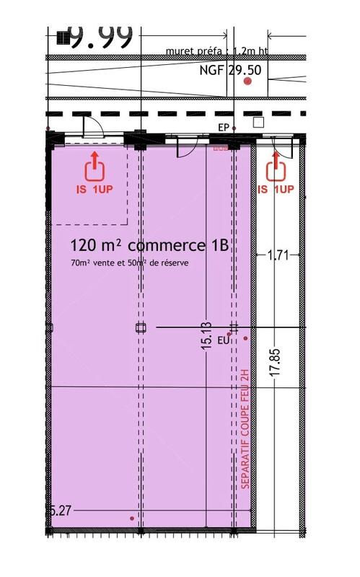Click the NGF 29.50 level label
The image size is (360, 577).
(x=229, y=71)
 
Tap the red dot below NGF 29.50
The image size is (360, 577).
(x=247, y=82)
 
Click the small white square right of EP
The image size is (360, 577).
(x=258, y=123)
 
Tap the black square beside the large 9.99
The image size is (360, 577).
(x=62, y=36)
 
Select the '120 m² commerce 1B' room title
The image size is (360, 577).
(x=149, y=245)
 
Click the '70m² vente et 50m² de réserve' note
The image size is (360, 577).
(x=130, y=263)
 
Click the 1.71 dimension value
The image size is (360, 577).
(x=278, y=255)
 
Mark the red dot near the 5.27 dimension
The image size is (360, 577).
(x=131, y=518)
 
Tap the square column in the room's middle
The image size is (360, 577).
(x=140, y=327)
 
